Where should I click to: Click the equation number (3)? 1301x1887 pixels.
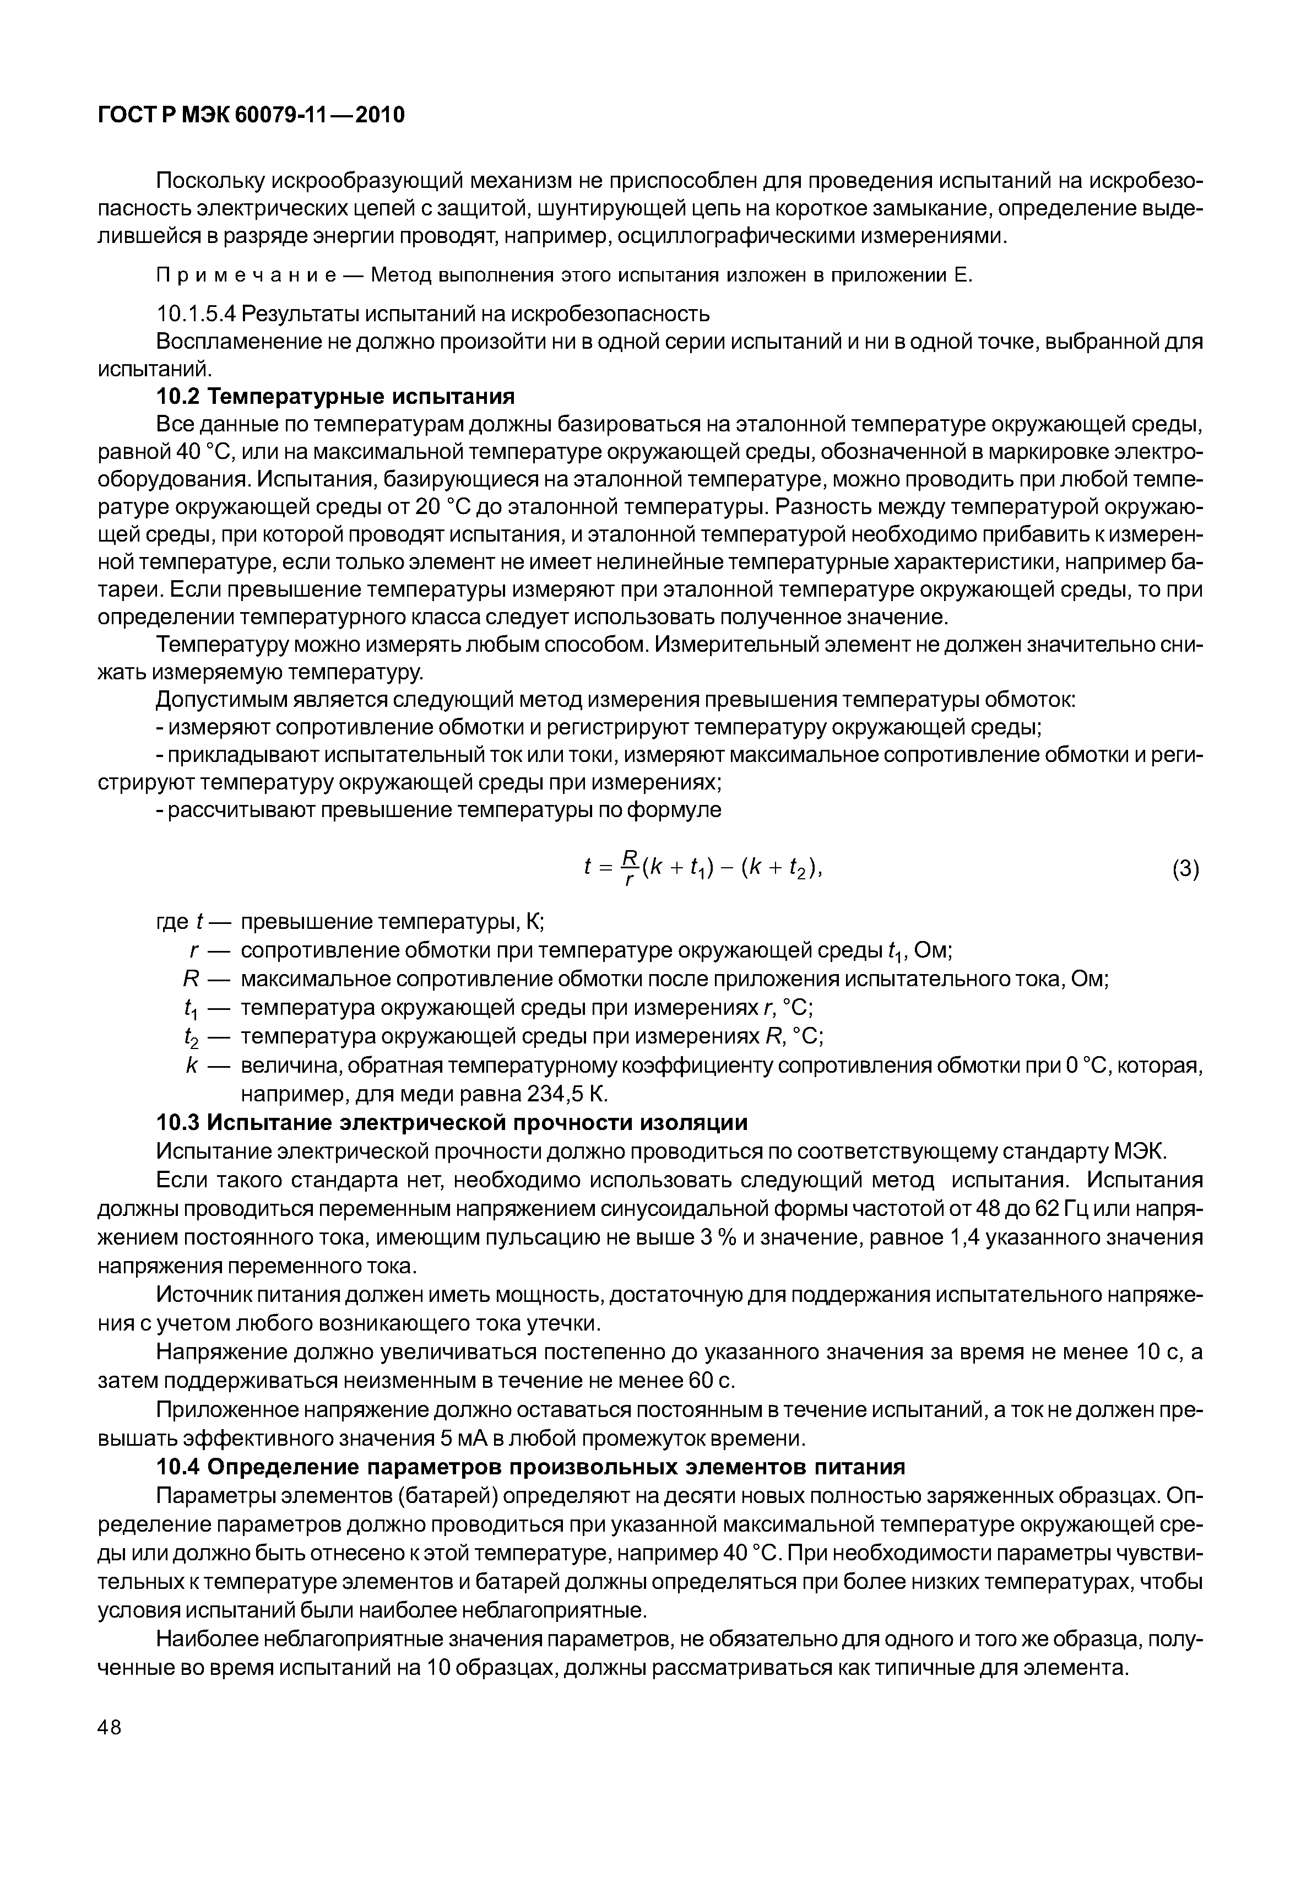[x=1185, y=870]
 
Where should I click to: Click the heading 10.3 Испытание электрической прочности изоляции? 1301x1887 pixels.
[x=452, y=1123]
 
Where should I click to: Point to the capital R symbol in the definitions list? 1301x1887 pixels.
[x=192, y=978]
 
